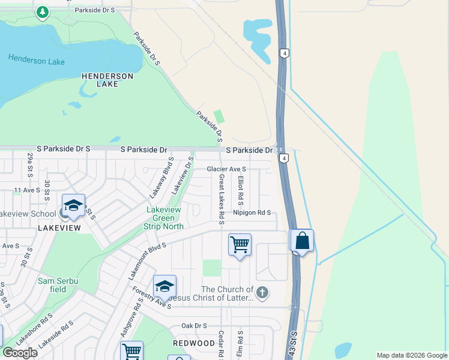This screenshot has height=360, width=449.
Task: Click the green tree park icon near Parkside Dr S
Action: point(42,12)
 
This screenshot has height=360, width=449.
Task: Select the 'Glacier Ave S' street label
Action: point(227,170)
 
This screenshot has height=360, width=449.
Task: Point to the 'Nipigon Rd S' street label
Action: point(252,212)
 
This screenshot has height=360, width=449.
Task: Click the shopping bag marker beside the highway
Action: point(303,241)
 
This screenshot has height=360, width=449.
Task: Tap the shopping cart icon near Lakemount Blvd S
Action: point(240,245)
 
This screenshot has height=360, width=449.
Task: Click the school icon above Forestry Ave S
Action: point(164,286)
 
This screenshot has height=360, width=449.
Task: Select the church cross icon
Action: point(261,293)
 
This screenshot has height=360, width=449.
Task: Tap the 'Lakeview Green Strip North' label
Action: point(164,218)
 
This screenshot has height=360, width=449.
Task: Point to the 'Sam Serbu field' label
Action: point(58,284)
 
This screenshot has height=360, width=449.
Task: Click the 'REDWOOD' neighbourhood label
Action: point(194,343)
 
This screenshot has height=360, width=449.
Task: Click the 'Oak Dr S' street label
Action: point(194,326)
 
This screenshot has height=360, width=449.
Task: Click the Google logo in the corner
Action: point(20,353)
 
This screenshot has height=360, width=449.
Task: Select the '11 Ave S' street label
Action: point(26,190)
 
